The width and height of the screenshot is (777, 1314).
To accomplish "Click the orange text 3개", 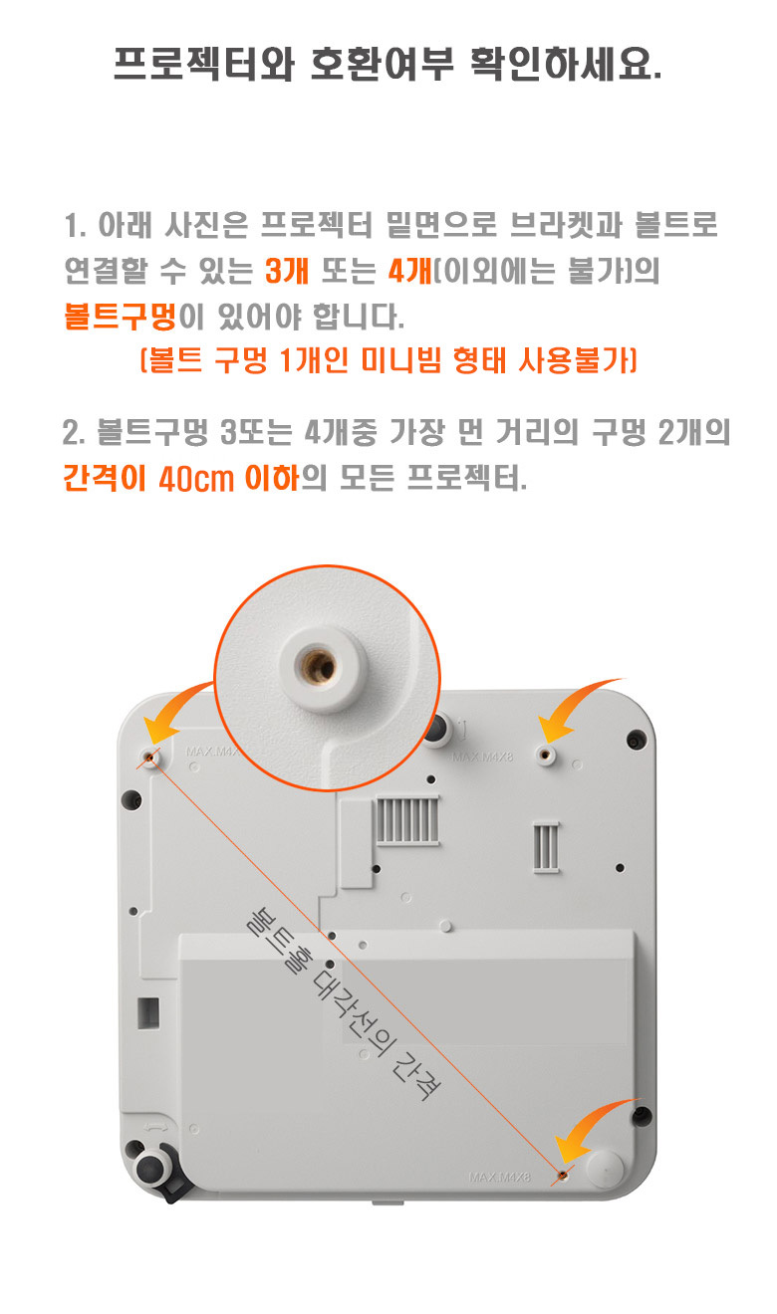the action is pos(286,271).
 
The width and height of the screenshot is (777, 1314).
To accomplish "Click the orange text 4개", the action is pos(409,271).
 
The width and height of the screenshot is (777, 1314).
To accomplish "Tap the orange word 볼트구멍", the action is pos(120,317).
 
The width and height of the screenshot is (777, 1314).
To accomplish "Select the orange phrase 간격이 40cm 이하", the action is pos(180,478).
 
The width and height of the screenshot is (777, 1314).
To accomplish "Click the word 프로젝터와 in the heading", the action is pos(203,64).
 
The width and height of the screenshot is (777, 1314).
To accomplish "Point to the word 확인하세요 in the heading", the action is pos(567,64).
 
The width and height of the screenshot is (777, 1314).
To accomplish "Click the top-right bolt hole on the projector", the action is pos(546,755).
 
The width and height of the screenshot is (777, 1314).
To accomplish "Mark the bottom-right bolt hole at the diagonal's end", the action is pos(563,1175).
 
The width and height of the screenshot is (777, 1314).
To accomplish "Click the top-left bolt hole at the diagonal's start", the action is pos(150,759).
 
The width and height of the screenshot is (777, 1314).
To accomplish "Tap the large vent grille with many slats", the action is pos(406,820).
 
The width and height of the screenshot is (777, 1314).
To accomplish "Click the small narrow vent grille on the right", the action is pos(546,846).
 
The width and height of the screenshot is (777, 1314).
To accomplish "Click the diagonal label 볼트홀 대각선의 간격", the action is pos(344,1004).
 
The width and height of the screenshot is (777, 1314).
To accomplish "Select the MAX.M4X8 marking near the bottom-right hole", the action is pos(499,1177).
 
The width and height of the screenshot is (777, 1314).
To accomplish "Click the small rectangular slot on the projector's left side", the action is pos(148,1013).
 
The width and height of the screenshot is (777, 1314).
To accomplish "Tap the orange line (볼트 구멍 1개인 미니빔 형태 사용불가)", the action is pos(388,359).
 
